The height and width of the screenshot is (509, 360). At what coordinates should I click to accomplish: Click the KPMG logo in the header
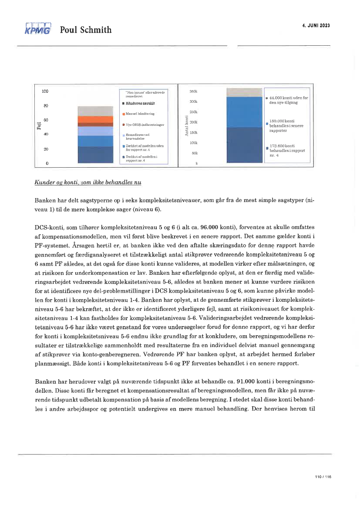38,29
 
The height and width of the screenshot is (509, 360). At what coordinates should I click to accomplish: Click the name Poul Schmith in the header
86,30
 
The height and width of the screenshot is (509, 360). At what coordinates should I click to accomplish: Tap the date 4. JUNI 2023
316,25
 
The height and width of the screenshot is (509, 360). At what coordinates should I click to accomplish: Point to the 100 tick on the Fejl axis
45,91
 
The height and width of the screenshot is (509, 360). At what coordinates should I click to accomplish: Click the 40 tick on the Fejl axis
46,135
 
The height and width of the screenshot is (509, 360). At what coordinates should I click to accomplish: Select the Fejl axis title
39,126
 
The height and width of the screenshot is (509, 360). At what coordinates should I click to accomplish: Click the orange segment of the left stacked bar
95,120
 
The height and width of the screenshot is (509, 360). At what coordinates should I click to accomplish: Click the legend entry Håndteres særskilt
139,104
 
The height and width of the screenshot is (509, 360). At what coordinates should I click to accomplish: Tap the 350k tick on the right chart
193,92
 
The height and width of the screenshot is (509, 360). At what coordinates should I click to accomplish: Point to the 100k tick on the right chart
193,143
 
